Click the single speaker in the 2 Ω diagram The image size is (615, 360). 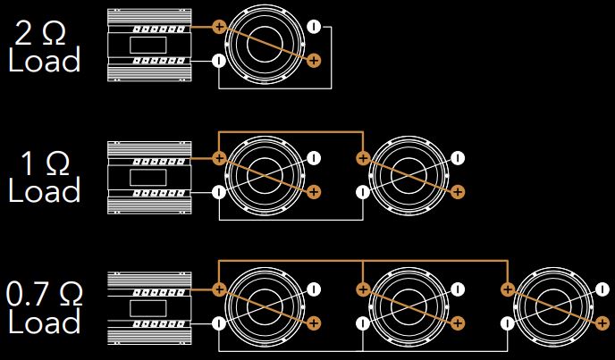[x=266, y=45]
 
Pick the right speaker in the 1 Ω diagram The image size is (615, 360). [x=410, y=175]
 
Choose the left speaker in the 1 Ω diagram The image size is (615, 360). [x=266, y=175]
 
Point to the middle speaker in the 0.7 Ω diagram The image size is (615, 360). [x=410, y=306]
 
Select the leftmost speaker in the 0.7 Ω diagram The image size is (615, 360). [x=266, y=306]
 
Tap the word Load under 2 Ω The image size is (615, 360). [x=45, y=62]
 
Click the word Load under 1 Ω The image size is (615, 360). [x=45, y=191]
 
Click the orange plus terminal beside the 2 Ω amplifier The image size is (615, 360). [x=219, y=27]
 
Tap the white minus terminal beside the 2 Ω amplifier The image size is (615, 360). [x=219, y=61]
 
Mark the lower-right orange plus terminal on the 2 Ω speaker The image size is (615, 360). [x=313, y=61]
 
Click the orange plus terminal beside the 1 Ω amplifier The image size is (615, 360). [x=219, y=159]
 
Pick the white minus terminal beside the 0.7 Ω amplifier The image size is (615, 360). [x=219, y=322]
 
